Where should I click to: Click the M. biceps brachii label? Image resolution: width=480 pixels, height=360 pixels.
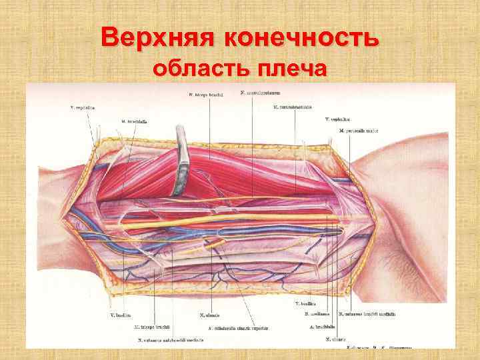coord(205,95)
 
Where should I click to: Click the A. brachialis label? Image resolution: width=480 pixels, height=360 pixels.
coord(321,327)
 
